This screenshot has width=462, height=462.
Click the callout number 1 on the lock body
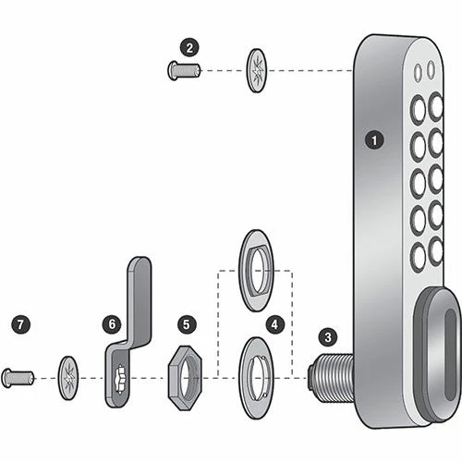[374, 140]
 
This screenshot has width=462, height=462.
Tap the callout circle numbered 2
[190, 46]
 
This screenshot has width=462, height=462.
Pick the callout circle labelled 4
[274, 324]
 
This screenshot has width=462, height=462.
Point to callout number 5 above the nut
[187, 324]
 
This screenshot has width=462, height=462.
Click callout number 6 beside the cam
[112, 324]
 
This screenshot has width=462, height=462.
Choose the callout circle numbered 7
[21, 324]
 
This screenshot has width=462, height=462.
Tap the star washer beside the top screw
[257, 68]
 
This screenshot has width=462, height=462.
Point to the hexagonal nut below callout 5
[185, 377]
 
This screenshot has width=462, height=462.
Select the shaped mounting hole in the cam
[120, 378]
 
